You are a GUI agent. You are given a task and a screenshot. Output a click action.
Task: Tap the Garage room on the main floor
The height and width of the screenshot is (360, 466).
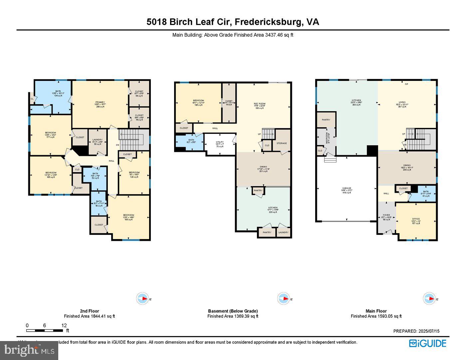pyautogui.click(x=347, y=190)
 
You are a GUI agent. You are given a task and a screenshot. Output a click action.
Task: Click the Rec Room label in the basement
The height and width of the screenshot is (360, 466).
pyautogui.click(x=260, y=106)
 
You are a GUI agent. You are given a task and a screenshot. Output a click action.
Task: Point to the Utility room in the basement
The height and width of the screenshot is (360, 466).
pyautogui.click(x=220, y=144)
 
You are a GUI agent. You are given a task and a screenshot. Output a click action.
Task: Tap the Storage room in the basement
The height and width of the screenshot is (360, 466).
pyautogui.click(x=281, y=143)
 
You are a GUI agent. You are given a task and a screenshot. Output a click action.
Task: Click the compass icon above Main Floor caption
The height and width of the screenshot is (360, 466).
pyautogui.click(x=429, y=298)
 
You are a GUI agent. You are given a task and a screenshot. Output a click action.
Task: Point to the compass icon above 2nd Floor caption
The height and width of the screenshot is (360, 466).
pyautogui.click(x=143, y=298)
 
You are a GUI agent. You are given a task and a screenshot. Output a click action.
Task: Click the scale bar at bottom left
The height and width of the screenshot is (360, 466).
pyautogui.click(x=45, y=330)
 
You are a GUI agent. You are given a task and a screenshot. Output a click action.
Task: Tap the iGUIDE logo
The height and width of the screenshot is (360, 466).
pyautogui.click(x=427, y=343)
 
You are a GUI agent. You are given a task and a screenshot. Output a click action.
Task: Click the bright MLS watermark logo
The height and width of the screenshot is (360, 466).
pyautogui.click(x=29, y=350)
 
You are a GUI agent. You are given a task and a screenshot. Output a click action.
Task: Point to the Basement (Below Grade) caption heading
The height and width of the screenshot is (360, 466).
pyautogui.click(x=233, y=311)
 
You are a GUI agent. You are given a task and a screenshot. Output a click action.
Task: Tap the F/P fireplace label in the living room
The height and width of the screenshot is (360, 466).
pyautogui.click(x=406, y=84)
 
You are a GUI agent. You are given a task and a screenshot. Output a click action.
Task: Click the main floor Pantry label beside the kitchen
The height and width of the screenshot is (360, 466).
pyautogui.click(x=326, y=120)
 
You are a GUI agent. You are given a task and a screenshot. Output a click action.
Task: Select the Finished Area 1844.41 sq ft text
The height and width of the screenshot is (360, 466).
pyautogui.click(x=90, y=316)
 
